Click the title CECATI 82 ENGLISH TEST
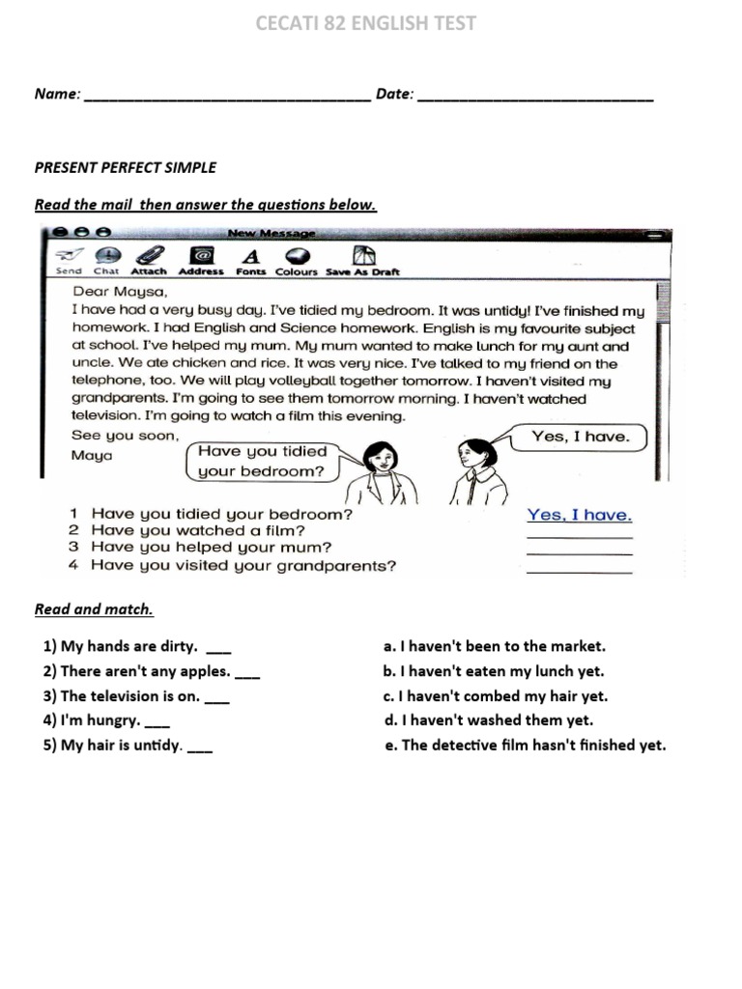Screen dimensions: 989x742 366,23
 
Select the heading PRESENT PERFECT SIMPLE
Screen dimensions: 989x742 126,167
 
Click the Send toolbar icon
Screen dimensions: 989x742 69,256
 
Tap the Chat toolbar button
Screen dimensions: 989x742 106,256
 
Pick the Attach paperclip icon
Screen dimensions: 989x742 149,256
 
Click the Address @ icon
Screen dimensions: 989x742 201,256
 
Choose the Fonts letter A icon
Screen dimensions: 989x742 251,256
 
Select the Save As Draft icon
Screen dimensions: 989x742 363,256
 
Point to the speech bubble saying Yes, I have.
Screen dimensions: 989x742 581,438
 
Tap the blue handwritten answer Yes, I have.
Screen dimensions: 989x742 580,516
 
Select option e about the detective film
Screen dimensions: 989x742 525,746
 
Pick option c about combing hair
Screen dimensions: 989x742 496,696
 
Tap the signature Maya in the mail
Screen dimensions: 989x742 92,455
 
